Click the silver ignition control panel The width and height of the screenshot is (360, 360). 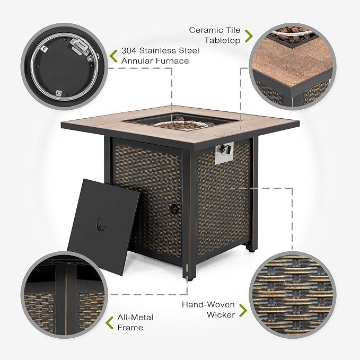224,153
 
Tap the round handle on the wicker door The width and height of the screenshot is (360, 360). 174,209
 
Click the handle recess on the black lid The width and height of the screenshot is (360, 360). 101,225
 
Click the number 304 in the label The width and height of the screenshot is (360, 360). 129,50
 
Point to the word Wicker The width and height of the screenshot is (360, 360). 221,314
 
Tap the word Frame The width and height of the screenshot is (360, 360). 130,328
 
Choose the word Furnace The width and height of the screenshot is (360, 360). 172,61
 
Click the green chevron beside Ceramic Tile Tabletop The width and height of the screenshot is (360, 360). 248,36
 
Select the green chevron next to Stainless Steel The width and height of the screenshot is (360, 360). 113,56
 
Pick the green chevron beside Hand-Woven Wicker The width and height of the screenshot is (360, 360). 243,311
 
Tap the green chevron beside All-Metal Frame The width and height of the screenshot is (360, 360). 110,322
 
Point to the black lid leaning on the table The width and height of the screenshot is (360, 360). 104,227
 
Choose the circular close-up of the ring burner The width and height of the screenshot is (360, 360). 65,66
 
